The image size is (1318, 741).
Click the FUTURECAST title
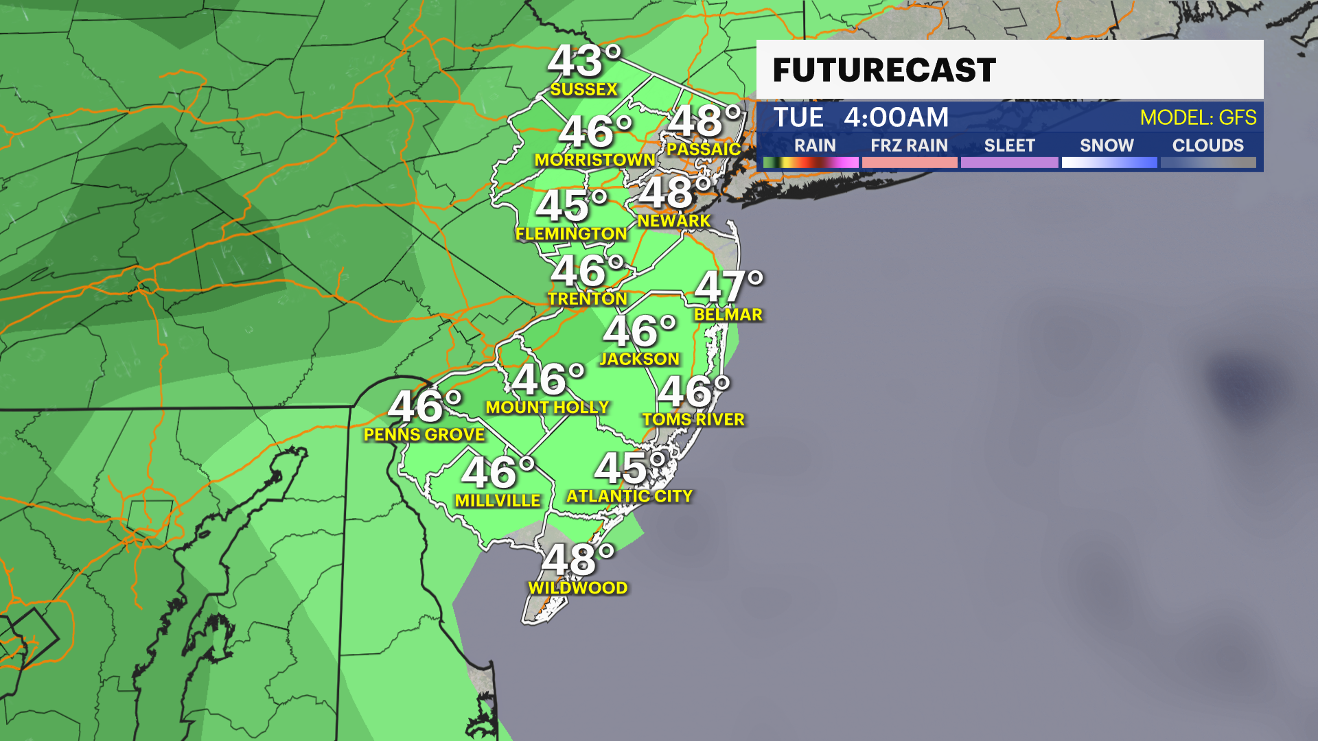[x=884, y=70]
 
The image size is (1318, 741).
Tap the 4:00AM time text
[x=896, y=118]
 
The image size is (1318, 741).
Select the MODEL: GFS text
[x=1198, y=118]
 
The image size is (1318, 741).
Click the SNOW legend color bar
[x=1109, y=163]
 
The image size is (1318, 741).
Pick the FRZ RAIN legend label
[x=909, y=145]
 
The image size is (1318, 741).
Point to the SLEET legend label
[x=1009, y=145]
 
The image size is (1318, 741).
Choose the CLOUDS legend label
[x=1207, y=145]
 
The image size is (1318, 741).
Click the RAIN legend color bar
[x=811, y=163]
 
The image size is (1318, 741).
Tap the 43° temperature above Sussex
[x=583, y=62]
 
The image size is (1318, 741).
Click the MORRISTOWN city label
[x=594, y=160]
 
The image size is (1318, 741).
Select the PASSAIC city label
[x=704, y=149]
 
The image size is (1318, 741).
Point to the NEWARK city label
[x=673, y=221]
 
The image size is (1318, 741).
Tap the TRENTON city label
[x=587, y=298]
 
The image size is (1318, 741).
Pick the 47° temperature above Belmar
[x=728, y=287]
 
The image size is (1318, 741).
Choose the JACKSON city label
[x=639, y=359]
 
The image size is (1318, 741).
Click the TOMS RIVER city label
[x=693, y=419]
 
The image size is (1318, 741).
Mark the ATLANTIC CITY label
[x=629, y=496]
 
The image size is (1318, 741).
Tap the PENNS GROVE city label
[x=424, y=434]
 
